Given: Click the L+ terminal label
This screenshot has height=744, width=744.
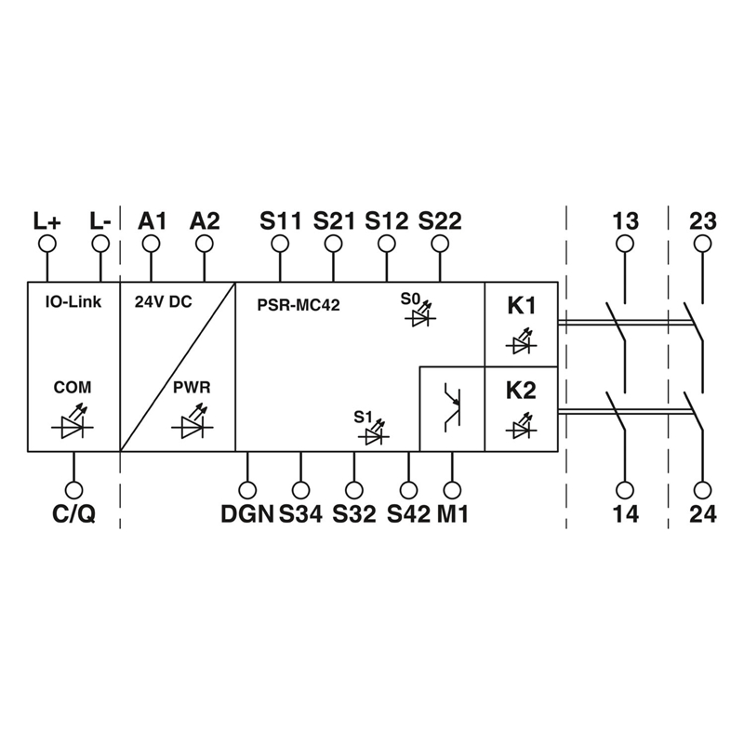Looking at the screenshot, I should (x=46, y=221).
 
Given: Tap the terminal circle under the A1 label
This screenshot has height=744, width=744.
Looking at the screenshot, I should (x=151, y=244).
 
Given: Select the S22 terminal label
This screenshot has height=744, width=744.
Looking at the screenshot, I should (x=440, y=221).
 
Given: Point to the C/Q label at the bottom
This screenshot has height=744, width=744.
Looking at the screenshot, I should (x=73, y=513).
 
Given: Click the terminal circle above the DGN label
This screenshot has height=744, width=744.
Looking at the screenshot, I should (x=247, y=489).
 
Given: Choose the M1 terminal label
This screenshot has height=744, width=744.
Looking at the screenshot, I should (x=453, y=513).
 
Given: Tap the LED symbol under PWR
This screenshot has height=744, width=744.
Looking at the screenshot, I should (x=192, y=426).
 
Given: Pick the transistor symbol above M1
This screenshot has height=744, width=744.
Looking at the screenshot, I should (x=452, y=409).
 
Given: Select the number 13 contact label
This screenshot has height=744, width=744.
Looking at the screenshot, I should (x=626, y=221).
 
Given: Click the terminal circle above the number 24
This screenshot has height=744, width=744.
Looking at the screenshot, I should (x=702, y=489).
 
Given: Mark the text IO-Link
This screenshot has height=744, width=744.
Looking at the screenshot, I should (x=73, y=302).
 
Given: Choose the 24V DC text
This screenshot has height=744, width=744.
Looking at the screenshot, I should (x=164, y=302).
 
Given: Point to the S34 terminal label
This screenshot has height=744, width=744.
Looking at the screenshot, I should (x=300, y=513).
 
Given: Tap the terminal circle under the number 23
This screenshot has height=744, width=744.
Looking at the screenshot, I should (x=702, y=244).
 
